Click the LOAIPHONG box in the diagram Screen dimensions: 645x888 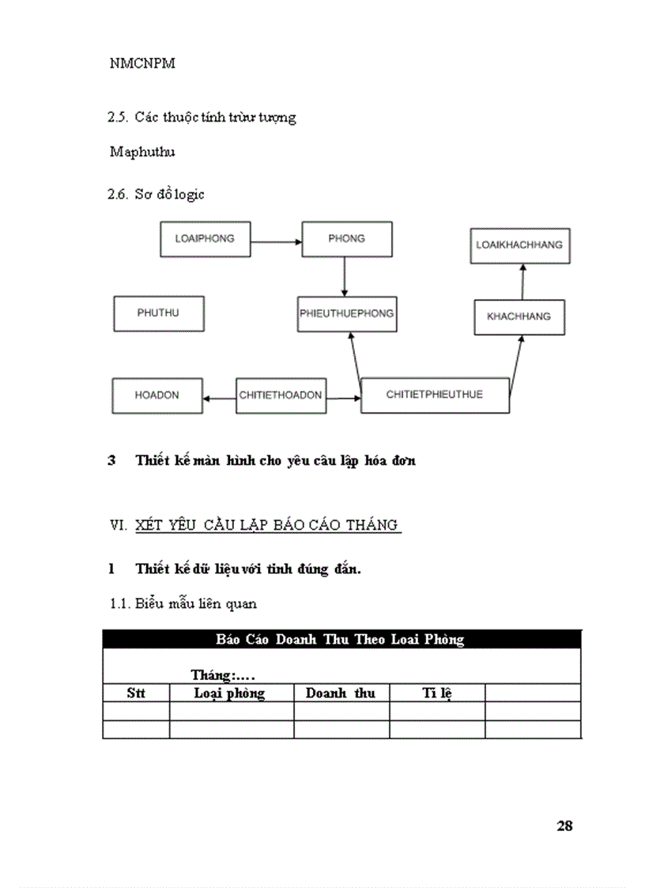(x=205, y=239)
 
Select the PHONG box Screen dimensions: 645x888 (x=346, y=239)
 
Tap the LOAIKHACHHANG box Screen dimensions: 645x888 (x=519, y=245)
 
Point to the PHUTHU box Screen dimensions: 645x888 (x=159, y=313)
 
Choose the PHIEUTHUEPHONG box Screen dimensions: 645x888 (x=347, y=314)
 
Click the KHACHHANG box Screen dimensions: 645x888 (x=519, y=317)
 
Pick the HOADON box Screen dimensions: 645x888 (x=157, y=395)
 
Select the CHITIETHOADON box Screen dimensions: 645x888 (x=281, y=395)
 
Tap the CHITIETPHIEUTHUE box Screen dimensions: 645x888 (x=435, y=395)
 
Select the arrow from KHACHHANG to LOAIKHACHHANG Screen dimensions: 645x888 (x=522, y=282)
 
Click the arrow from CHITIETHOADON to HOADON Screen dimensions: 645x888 (x=219, y=398)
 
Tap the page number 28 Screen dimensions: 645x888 (x=564, y=826)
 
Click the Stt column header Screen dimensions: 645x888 (x=136, y=693)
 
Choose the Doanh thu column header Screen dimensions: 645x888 (x=341, y=693)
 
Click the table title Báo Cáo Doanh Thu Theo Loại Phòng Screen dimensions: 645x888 (x=341, y=640)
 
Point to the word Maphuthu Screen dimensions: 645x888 (x=142, y=153)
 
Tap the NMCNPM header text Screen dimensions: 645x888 (x=142, y=64)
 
